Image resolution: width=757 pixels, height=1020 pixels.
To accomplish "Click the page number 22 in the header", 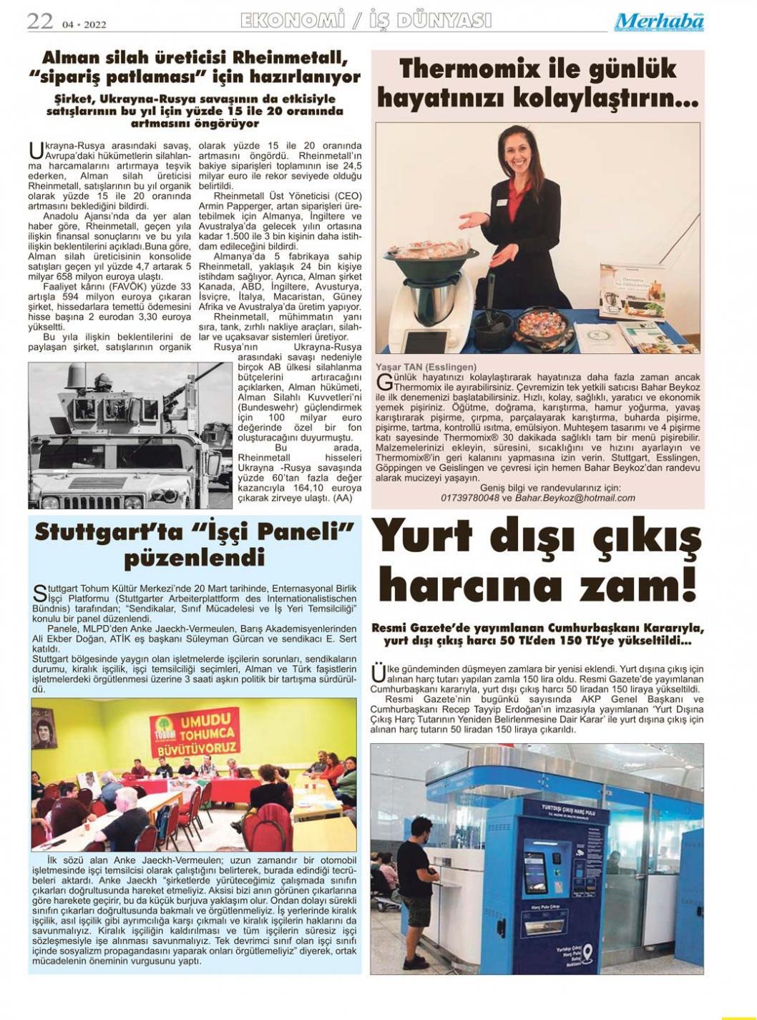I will click(x=40, y=21).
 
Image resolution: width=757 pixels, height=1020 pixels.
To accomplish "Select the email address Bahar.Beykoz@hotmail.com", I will click(x=575, y=498).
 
